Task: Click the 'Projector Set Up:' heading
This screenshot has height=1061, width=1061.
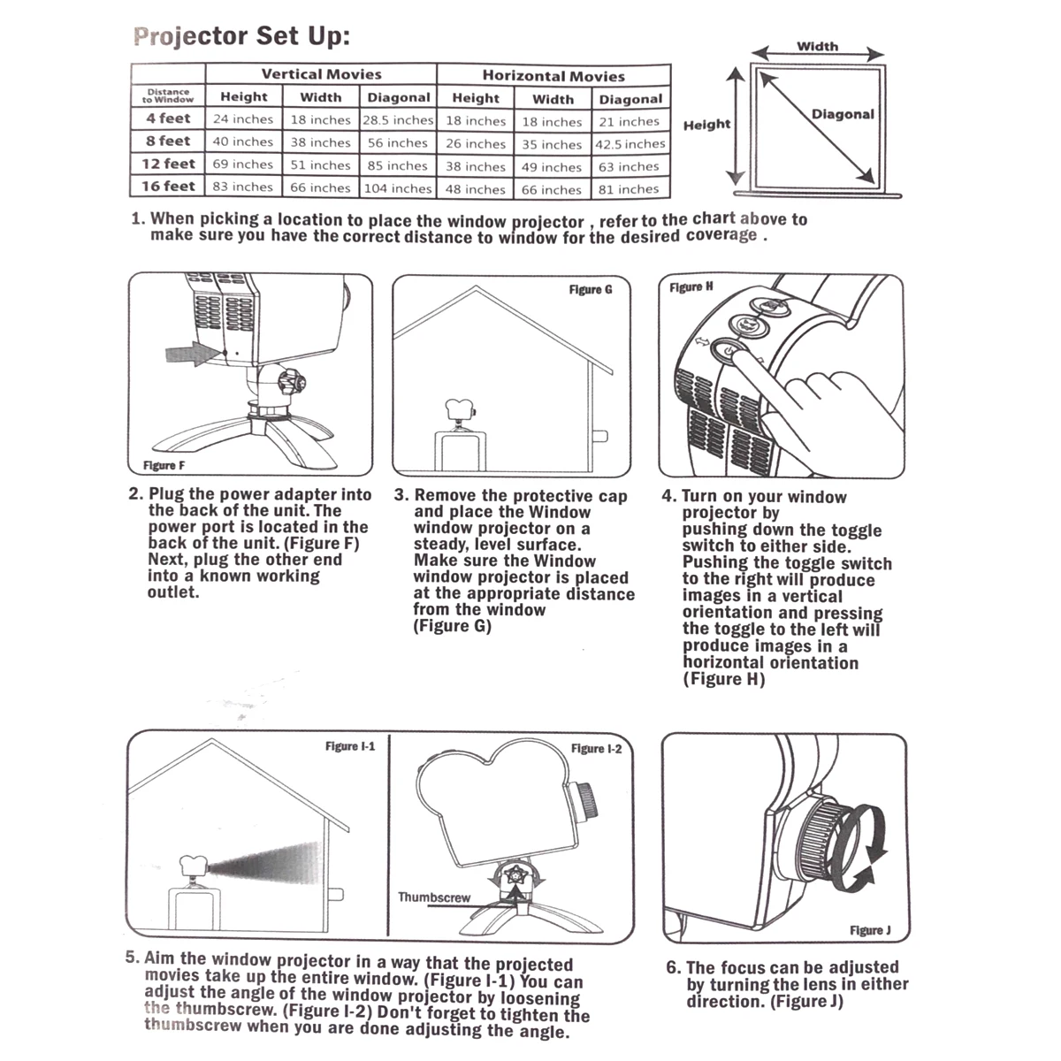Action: pos(241,36)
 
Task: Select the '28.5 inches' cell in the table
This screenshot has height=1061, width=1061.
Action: pos(398,119)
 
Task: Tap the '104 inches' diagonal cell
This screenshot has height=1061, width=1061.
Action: pos(398,188)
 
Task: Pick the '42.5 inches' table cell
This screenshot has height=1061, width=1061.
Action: pos(630,144)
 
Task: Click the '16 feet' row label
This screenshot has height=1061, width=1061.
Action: pos(168,187)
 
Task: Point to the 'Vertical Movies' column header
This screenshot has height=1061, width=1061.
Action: pos(321,74)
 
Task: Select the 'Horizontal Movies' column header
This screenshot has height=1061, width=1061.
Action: pos(553,76)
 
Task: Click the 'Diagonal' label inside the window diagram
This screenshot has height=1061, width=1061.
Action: pos(843,114)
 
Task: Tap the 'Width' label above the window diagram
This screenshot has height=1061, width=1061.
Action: pos(817,46)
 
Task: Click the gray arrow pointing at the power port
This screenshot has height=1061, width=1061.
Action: pos(193,354)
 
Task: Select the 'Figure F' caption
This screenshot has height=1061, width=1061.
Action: pos(164,465)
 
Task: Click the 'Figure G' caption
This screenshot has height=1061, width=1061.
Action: pos(591,289)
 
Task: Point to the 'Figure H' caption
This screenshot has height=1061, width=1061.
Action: pos(691,287)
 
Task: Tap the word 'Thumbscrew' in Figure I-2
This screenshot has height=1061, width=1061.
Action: pos(434,897)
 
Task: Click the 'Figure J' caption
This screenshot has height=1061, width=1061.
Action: pos(870,930)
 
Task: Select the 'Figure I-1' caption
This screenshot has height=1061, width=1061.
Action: pos(350,746)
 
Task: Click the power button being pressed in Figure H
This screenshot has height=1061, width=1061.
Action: pos(728,351)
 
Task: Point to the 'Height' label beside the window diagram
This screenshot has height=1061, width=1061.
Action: pos(706,125)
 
